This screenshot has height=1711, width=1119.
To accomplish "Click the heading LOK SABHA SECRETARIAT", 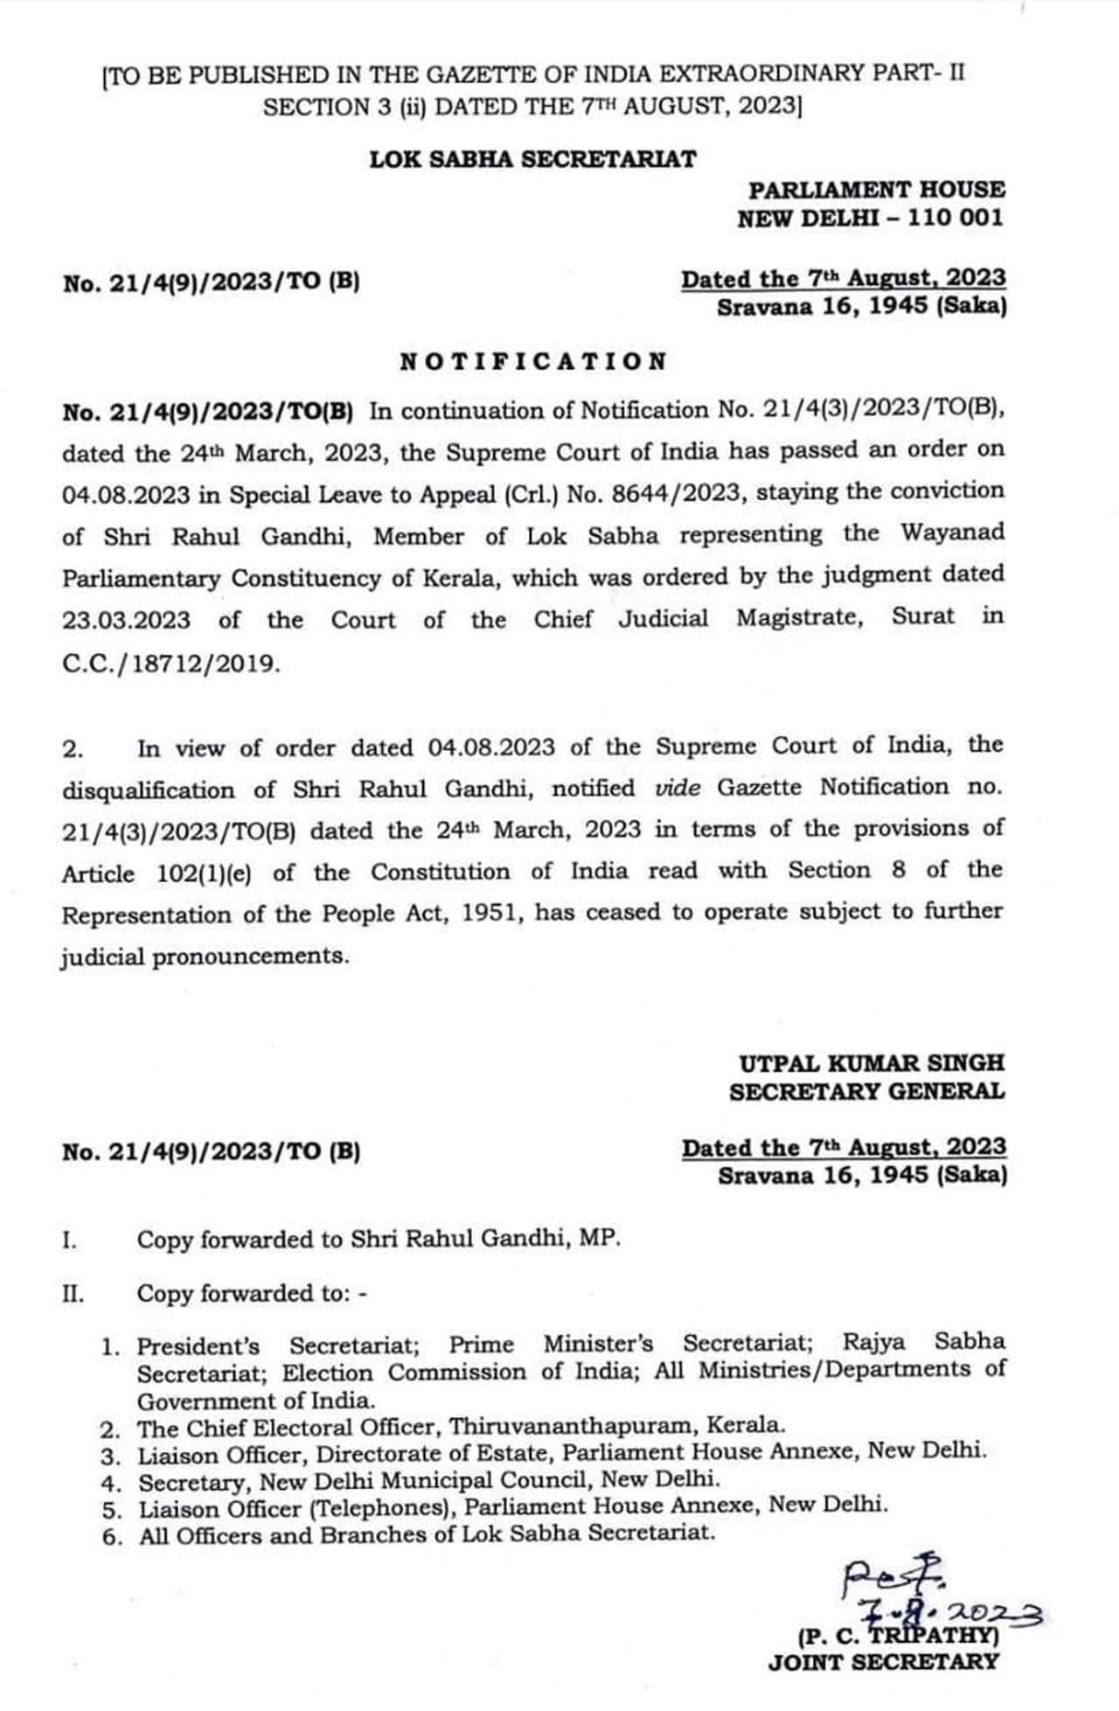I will [532, 160].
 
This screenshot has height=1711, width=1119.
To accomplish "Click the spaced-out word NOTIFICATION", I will [533, 362].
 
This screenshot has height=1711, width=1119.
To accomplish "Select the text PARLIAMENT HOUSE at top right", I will [876, 190].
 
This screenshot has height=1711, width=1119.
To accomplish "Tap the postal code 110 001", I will [955, 218].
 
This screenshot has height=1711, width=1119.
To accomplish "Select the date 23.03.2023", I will [126, 620].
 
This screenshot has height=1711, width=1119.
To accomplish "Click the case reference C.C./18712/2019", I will [171, 664].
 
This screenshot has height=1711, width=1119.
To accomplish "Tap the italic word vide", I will [678, 788].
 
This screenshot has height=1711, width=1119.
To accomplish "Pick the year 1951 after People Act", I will [492, 914].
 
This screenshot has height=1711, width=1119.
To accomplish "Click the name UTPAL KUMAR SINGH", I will [872, 1063].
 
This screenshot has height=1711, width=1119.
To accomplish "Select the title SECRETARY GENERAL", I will [866, 1091].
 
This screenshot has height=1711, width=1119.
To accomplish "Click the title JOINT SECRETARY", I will [883, 1662].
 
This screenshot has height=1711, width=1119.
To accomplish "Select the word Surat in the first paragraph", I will [923, 616].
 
